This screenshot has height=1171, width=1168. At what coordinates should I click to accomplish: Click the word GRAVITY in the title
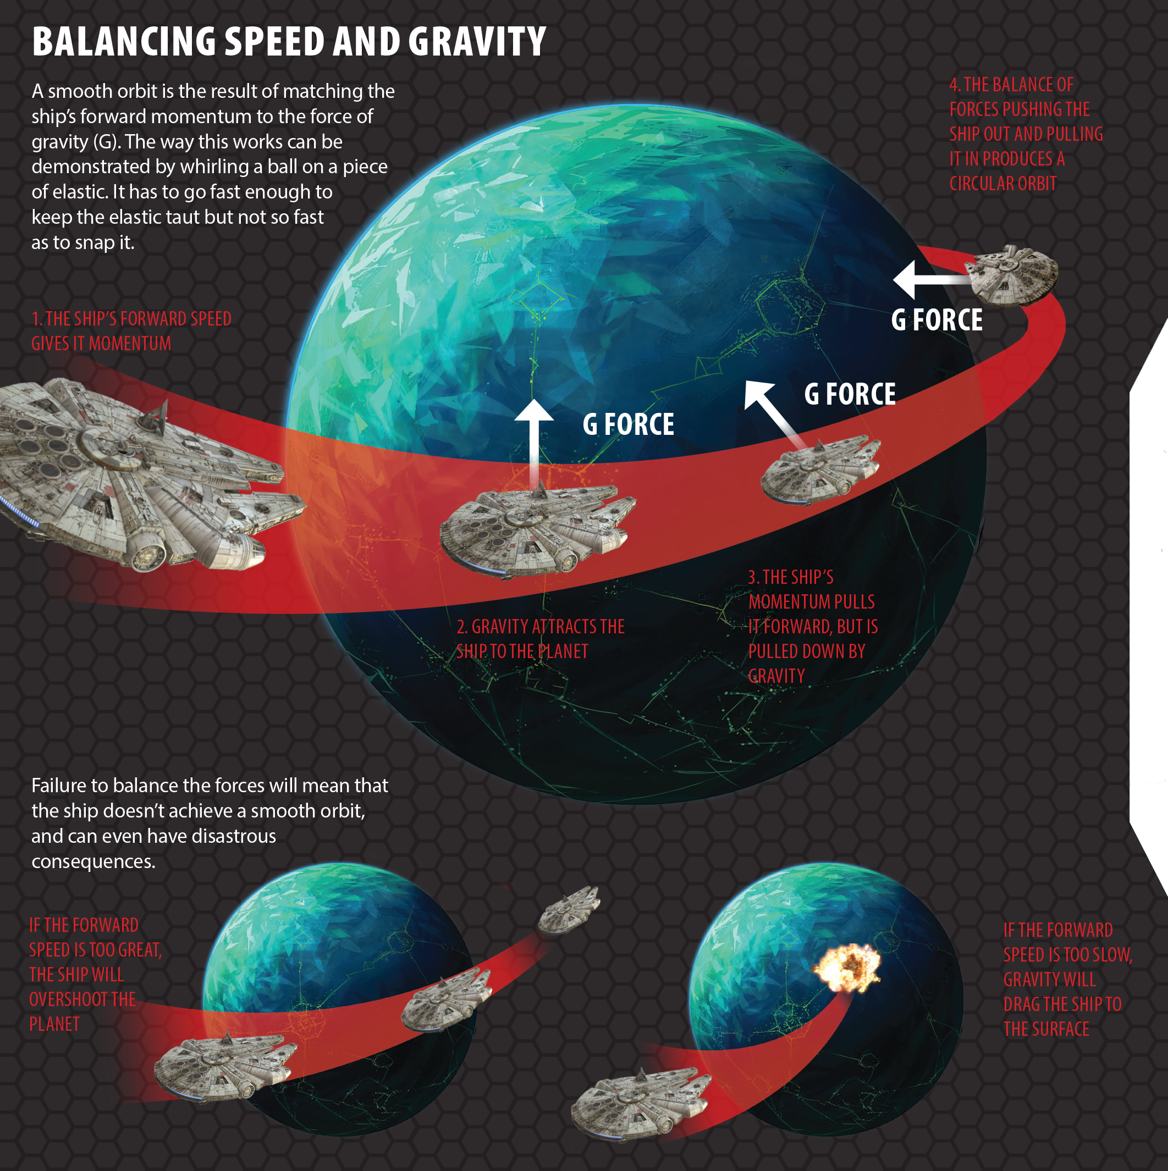(x=477, y=42)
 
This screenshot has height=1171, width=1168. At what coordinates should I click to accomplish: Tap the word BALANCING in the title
(x=124, y=42)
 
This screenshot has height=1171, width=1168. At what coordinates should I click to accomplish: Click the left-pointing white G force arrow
(x=927, y=279)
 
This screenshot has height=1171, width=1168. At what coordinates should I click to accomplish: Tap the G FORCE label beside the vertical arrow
(x=628, y=424)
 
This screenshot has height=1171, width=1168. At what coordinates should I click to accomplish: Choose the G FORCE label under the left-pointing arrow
(x=936, y=320)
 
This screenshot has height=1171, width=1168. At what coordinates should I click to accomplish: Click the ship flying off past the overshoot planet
(x=569, y=909)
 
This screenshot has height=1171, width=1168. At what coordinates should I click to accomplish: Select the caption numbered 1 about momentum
(x=131, y=331)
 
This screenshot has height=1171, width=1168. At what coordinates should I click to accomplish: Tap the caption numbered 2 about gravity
(x=539, y=639)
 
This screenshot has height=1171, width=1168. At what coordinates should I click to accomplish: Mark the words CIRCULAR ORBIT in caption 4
(x=1002, y=184)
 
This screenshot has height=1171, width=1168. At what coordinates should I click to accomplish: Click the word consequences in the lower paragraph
(x=93, y=861)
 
